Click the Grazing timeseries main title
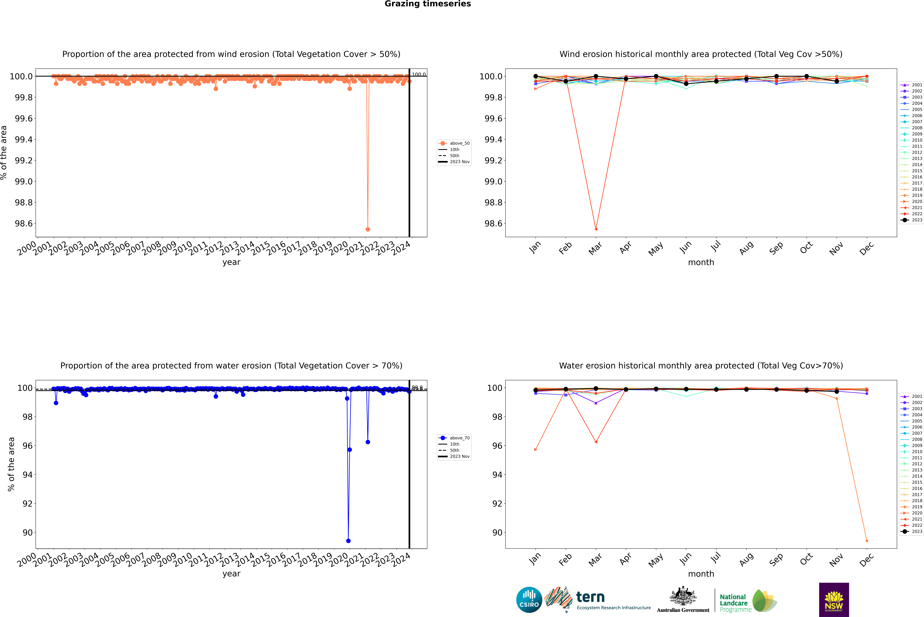[428, 4]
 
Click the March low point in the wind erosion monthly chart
[596, 229]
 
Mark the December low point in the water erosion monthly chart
[867, 541]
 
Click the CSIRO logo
[529, 600]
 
